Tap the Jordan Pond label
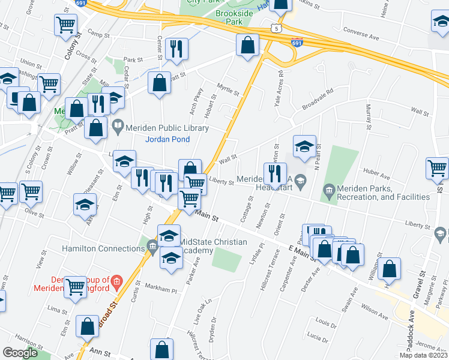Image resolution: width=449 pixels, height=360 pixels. coord(168,140)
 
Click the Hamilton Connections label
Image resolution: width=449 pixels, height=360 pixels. coord(103,248)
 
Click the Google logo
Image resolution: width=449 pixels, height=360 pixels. coord(20,353)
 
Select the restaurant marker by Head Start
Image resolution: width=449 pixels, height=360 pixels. coord(275,173)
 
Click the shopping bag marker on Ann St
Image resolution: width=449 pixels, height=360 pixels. coord(162,349)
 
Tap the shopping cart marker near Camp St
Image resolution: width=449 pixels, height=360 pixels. coord(66,26)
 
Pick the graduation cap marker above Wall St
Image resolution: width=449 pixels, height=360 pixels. coord(304,145)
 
